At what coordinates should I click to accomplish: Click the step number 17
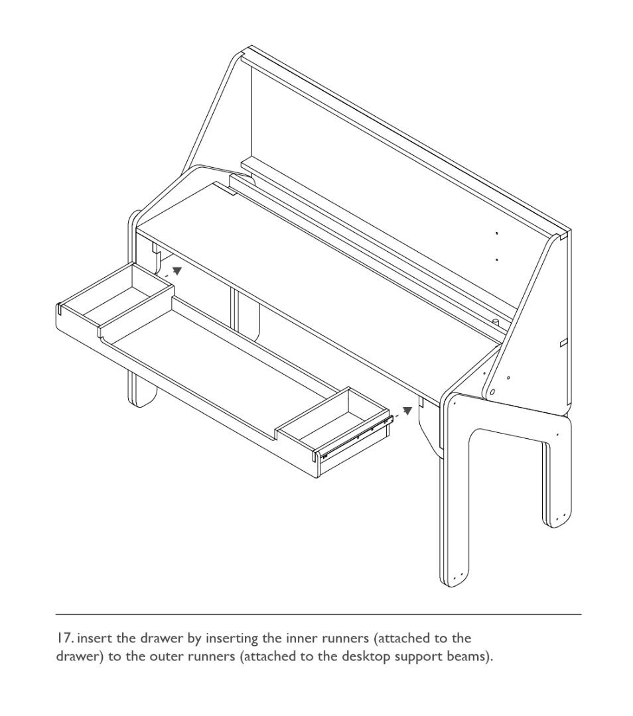tap(64, 638)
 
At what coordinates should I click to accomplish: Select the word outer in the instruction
tap(165, 657)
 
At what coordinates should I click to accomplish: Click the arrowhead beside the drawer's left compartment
tap(177, 271)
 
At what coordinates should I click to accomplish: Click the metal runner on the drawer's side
tap(358, 438)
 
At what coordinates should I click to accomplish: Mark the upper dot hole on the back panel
tap(497, 233)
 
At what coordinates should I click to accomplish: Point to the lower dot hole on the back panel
tap(497, 260)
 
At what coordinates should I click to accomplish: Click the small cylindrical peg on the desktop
tap(495, 322)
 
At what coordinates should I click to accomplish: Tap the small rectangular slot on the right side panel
tap(564, 343)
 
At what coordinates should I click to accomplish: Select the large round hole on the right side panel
tap(492, 392)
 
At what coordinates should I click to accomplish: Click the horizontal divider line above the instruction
tap(318, 615)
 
